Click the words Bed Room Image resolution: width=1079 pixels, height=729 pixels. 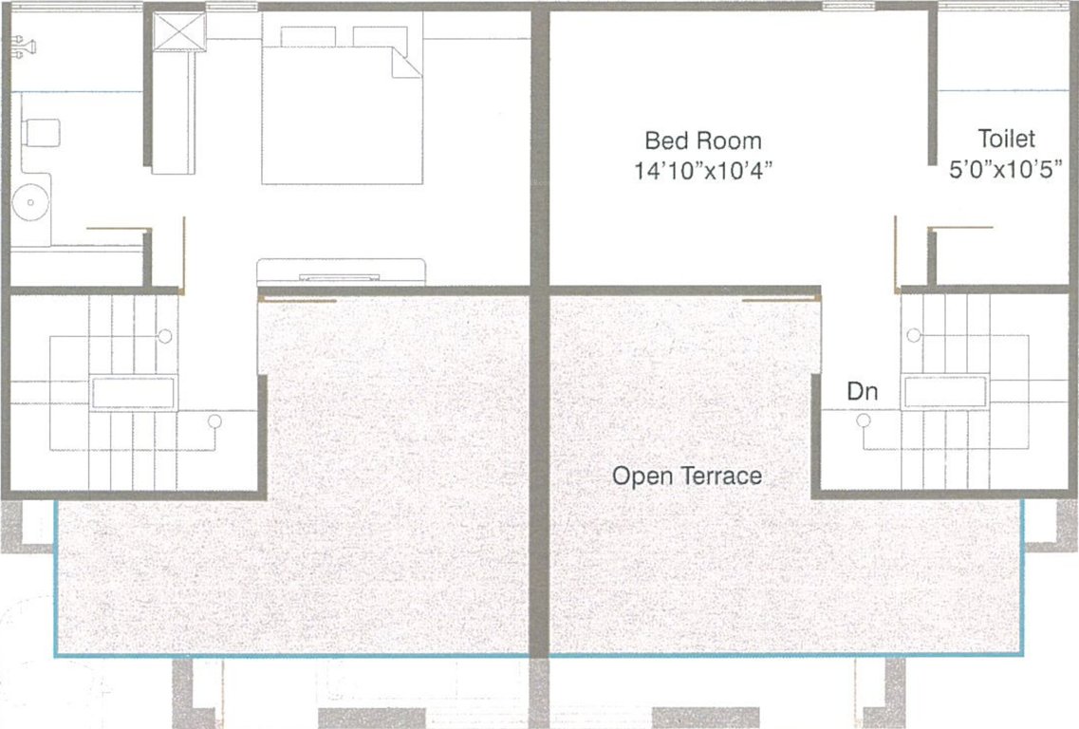[702, 140]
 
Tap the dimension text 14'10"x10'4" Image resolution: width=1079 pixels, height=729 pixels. [702, 170]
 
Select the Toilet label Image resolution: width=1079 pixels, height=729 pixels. [1006, 139]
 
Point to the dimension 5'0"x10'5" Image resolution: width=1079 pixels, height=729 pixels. [1006, 169]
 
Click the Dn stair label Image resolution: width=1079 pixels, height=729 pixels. [863, 391]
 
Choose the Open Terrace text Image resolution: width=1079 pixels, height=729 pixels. [687, 476]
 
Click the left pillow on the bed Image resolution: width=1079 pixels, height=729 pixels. [307, 36]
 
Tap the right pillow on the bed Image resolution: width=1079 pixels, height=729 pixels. [380, 36]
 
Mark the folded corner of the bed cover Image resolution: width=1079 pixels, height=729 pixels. [406, 64]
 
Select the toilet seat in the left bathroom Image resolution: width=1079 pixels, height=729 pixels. [42, 132]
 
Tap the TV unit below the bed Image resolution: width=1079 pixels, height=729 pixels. [342, 272]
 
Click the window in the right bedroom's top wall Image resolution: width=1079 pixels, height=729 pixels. [847, 6]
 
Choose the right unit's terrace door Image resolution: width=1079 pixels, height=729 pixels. [781, 299]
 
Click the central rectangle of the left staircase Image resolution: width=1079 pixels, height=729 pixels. [133, 392]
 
